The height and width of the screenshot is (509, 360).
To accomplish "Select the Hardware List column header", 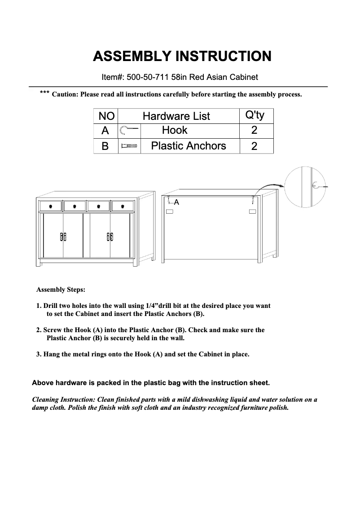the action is pyautogui.click(x=176, y=116).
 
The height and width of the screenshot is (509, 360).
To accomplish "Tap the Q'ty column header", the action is pyautogui.click(x=255, y=116).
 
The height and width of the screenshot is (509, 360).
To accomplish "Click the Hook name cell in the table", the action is pyautogui.click(x=175, y=131).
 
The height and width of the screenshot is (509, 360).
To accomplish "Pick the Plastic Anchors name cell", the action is pyautogui.click(x=189, y=146).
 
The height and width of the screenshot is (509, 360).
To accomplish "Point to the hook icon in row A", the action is pyautogui.click(x=128, y=131).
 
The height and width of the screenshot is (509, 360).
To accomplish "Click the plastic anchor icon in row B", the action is pyautogui.click(x=128, y=146).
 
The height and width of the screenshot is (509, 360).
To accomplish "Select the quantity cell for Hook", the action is pyautogui.click(x=255, y=131).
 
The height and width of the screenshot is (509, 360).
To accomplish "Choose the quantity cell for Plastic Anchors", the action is pyautogui.click(x=255, y=146).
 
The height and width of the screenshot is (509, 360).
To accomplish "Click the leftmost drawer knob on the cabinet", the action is pyautogui.click(x=51, y=206).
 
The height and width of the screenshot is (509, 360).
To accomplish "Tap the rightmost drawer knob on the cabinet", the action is pyautogui.click(x=122, y=206).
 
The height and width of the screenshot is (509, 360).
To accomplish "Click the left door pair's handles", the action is pyautogui.click(x=63, y=237).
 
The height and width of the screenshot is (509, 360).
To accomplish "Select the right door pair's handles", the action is pyautogui.click(x=110, y=237).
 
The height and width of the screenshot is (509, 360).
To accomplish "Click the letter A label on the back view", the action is pyautogui.click(x=177, y=202).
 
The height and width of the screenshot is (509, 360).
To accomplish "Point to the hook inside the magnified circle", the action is pyautogui.click(x=316, y=184).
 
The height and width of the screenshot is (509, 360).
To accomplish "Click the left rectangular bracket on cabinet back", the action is pyautogui.click(x=170, y=211).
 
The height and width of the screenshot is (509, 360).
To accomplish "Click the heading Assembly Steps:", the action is pyautogui.click(x=61, y=290).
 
